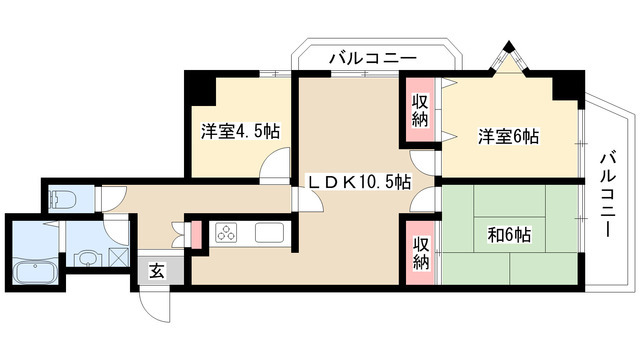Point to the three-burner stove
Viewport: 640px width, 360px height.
pos(224,234)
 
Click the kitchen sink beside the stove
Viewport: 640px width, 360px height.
pos(270,234)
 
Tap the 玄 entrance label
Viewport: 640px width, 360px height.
pos(157,269)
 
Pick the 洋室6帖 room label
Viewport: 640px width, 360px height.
pos(507,136)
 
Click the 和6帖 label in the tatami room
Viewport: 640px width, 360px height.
pos(509,235)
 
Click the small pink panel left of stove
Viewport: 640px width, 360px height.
pos(196,233)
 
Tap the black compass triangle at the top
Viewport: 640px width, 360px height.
pos(509,46)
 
